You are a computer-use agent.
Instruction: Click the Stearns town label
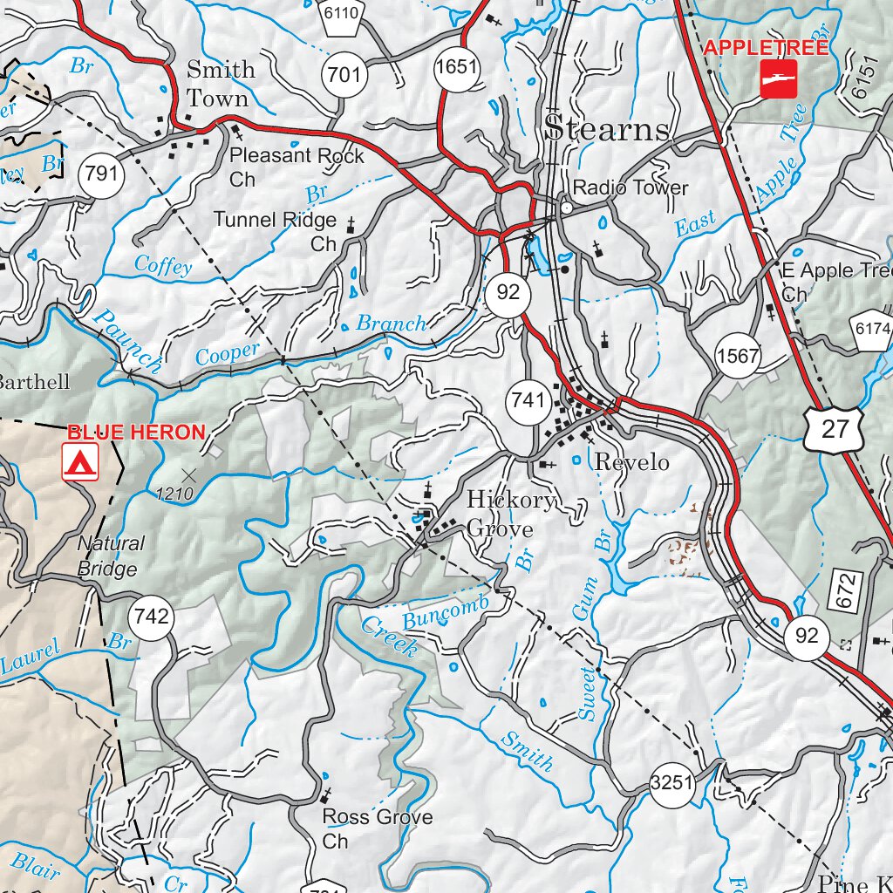click(608, 130)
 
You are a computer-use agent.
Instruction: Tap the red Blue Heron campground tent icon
click(80, 461)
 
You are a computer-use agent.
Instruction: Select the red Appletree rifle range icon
click(778, 78)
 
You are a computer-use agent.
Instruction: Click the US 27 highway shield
click(834, 429)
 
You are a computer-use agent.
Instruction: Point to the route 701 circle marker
click(344, 75)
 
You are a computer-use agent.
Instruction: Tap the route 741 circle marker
click(528, 401)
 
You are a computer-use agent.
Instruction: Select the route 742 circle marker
click(150, 617)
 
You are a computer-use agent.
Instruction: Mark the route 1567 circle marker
click(738, 357)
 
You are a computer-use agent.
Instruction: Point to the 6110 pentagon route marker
click(340, 16)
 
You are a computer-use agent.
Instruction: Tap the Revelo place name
click(631, 462)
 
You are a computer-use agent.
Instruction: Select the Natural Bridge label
click(111, 556)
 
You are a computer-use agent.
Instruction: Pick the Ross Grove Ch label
click(377, 828)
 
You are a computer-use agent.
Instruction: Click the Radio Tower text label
click(631, 188)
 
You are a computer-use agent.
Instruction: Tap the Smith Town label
click(221, 84)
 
